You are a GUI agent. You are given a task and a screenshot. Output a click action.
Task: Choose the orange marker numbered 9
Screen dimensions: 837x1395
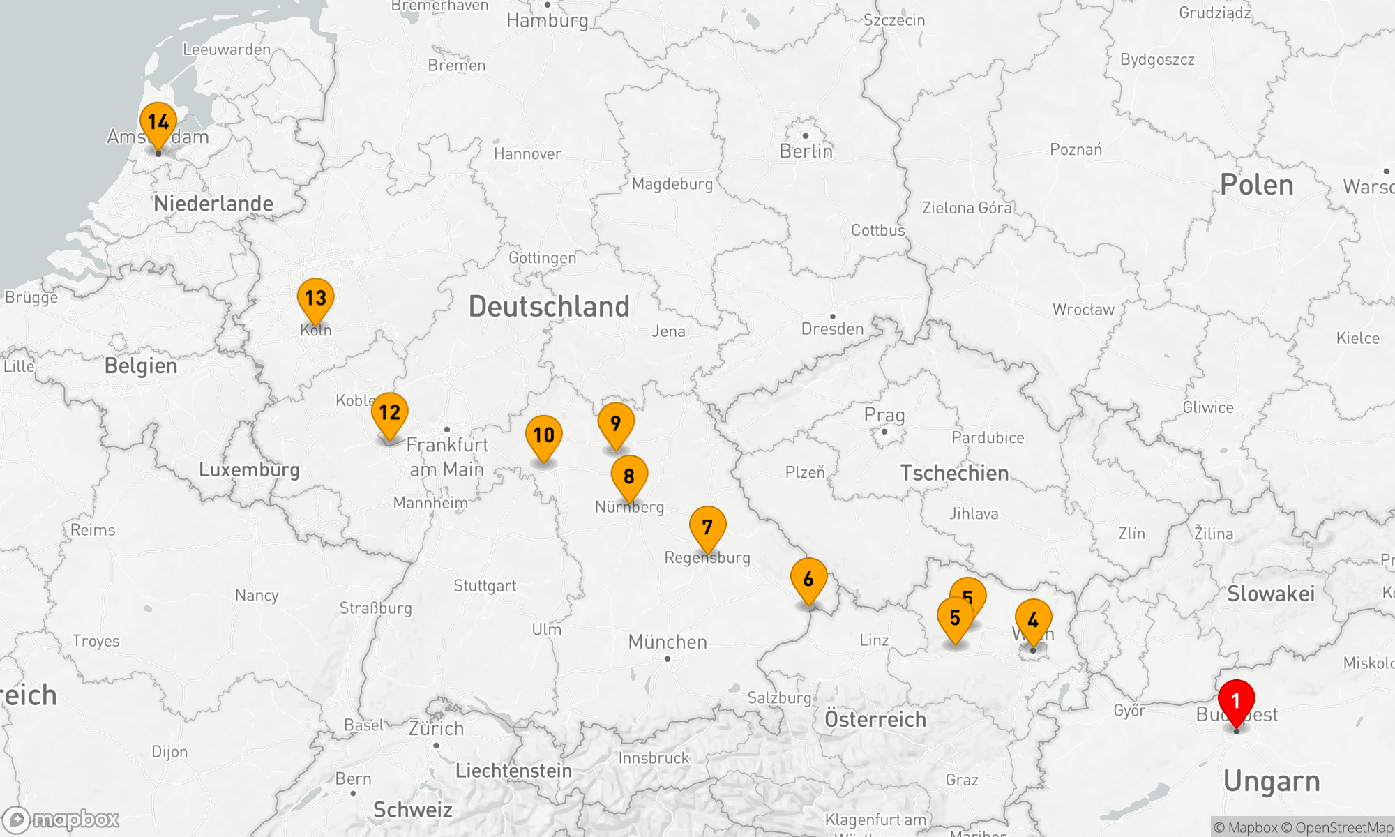(616, 423)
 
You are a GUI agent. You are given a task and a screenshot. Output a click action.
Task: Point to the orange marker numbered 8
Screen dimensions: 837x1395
(629, 476)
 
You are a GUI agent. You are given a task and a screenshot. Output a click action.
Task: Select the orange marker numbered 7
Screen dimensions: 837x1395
(707, 527)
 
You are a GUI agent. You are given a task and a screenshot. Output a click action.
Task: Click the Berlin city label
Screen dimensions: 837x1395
(806, 151)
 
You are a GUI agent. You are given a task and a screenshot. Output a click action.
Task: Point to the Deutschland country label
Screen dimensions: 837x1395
(549, 307)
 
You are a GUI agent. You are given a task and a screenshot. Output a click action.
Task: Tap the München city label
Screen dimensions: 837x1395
(668, 642)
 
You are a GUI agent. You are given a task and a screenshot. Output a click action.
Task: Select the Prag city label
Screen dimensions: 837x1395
(884, 415)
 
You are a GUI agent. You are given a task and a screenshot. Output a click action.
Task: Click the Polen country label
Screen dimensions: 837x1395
(1256, 185)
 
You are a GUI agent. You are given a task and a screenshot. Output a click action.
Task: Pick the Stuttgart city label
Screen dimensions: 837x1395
(485, 586)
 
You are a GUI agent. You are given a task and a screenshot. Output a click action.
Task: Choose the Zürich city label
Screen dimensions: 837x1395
(436, 729)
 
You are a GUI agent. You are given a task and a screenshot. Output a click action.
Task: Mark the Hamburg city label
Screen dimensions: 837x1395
(548, 20)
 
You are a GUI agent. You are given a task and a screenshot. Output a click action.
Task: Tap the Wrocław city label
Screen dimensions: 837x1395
(1083, 310)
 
